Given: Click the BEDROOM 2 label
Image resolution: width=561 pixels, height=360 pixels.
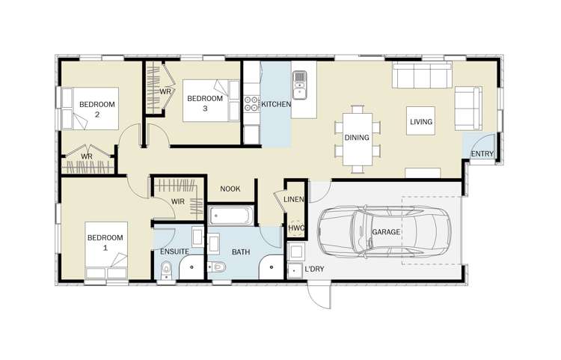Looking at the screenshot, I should [97, 109].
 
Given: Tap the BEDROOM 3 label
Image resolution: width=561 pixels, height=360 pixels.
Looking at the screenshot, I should [205, 103].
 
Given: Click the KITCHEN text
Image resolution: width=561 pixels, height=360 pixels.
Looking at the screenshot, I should [275, 105].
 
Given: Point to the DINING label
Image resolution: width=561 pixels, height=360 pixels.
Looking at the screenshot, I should [357, 138].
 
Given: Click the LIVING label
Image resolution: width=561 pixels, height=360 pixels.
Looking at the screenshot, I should [420, 122].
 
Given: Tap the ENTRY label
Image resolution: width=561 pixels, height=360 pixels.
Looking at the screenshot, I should [482, 154].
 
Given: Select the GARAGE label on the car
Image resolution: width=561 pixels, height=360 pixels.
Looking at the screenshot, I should [386, 232].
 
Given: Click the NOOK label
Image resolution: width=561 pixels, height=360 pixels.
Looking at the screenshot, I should [230, 189].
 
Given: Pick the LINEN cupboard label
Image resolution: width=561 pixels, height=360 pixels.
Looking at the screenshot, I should [294, 199].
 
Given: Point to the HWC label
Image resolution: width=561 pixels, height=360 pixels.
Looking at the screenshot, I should [296, 228].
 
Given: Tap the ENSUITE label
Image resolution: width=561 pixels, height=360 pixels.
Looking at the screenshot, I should [174, 252].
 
